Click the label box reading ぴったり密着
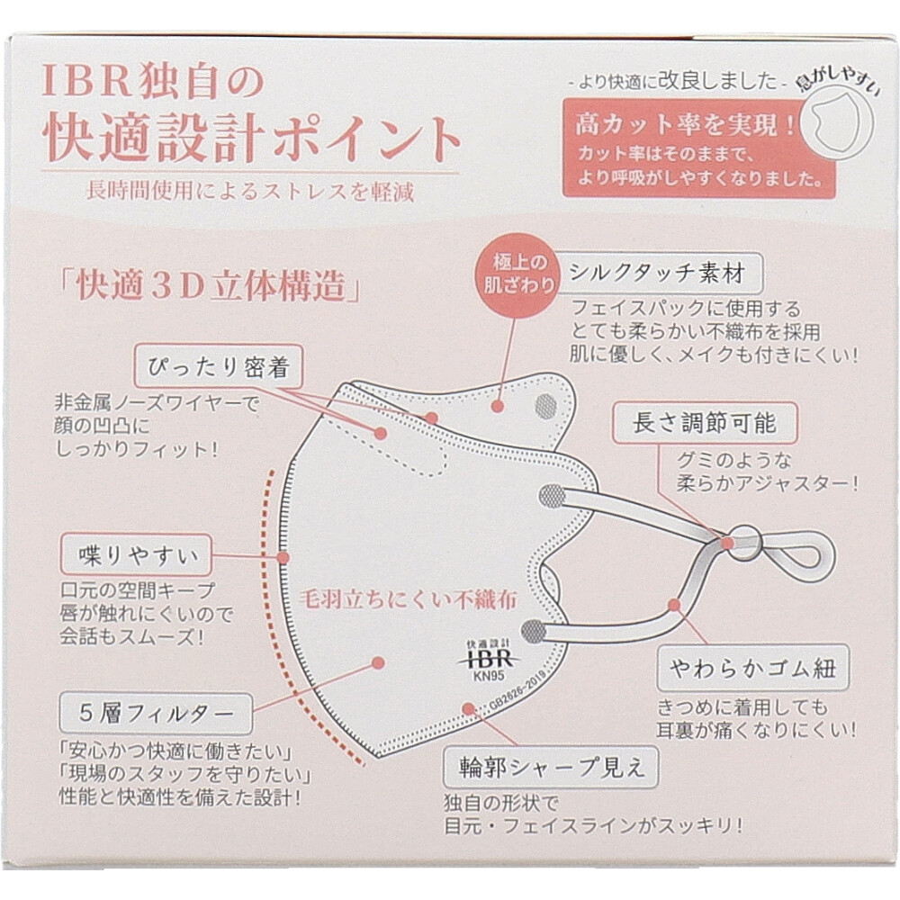point(218,366)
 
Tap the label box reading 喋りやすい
point(137,554)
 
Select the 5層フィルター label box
point(156,714)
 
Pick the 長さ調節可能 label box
point(705,423)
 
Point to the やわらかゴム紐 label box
point(752,668)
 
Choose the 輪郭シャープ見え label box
point(551,768)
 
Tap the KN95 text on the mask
point(489,676)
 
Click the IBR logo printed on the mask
point(488,659)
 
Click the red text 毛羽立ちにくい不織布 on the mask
point(408,599)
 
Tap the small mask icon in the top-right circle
point(833,121)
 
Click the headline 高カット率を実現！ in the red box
point(685,124)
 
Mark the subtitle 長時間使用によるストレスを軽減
point(250,191)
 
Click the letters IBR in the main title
point(86,82)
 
